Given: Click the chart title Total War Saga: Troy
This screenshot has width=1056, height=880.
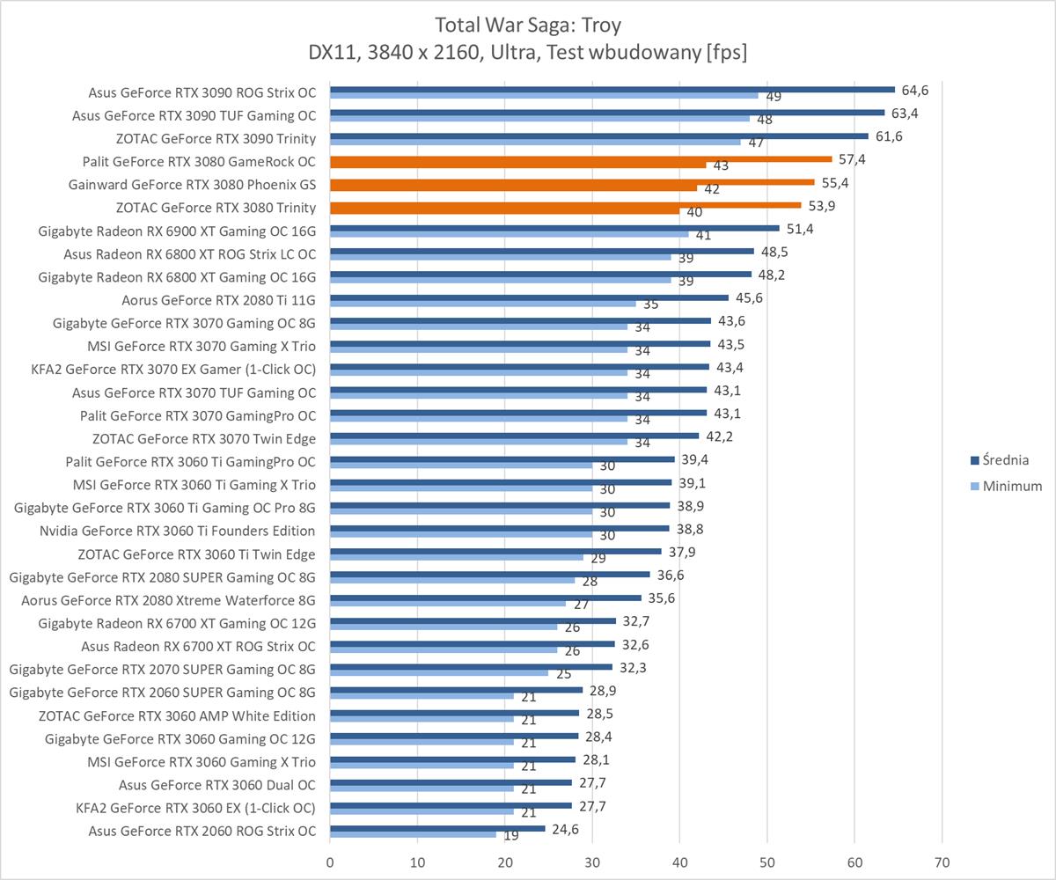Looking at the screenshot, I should pos(527,24).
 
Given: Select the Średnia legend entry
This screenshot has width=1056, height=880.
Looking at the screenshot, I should pos(1007,459).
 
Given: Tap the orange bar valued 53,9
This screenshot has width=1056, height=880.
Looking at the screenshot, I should pos(565,206).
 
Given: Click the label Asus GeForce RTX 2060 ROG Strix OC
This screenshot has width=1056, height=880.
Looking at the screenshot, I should pos(202,831).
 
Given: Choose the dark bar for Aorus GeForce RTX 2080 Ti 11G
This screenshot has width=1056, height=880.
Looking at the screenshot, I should pos(529,297).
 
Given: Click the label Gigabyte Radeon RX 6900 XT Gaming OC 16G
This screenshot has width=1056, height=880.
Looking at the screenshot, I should pos(177,231).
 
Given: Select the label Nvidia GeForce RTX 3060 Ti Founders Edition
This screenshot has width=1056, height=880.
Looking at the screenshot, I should pos(177,531).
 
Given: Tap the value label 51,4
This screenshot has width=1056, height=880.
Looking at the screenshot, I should pos(800,229).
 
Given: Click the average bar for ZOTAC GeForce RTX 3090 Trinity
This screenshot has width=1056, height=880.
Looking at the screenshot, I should pos(598,136).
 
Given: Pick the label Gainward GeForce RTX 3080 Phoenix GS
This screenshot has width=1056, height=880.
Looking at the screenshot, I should pos(192,185).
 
